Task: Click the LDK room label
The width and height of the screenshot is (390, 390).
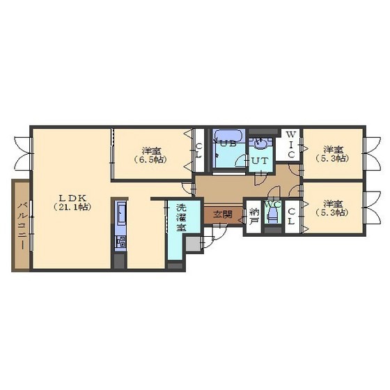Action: [x=72, y=198]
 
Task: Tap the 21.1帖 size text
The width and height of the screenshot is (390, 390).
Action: [x=72, y=207]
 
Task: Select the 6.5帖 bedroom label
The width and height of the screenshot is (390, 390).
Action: [x=151, y=155]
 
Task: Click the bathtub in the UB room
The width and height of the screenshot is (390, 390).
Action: [x=228, y=136]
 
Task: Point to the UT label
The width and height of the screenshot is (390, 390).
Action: [x=260, y=160]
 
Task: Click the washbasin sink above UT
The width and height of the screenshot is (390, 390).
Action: [x=260, y=143]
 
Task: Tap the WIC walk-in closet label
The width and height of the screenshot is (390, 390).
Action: [x=291, y=145]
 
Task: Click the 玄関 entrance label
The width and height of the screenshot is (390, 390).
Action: [x=223, y=214]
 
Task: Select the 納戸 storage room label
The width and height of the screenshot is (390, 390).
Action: [x=254, y=217]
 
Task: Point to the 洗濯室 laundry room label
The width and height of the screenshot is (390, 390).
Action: [x=181, y=217]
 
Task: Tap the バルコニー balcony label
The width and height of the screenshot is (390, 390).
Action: [x=22, y=226]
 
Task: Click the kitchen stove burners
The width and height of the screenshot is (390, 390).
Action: [x=121, y=242]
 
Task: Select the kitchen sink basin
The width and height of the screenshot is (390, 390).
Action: [x=121, y=213]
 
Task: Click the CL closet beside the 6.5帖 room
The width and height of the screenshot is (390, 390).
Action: [x=199, y=150]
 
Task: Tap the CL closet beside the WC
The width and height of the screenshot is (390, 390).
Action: [x=292, y=217]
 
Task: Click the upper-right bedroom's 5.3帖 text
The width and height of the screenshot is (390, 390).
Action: [x=333, y=159]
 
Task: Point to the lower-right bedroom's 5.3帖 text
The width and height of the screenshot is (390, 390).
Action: [x=333, y=212]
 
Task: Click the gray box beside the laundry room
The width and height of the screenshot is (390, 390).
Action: [x=193, y=244]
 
